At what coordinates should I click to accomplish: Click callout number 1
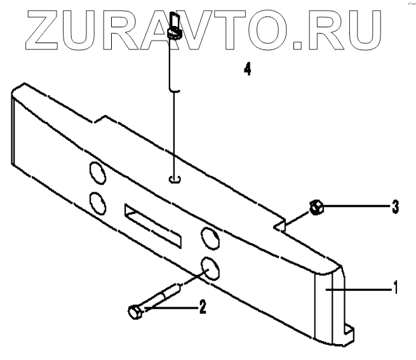click(395, 288)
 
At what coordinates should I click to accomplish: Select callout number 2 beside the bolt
click(202, 308)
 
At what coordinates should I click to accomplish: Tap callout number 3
click(394, 206)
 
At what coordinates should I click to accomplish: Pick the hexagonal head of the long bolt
click(134, 312)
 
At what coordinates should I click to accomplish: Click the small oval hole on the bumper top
click(176, 180)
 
